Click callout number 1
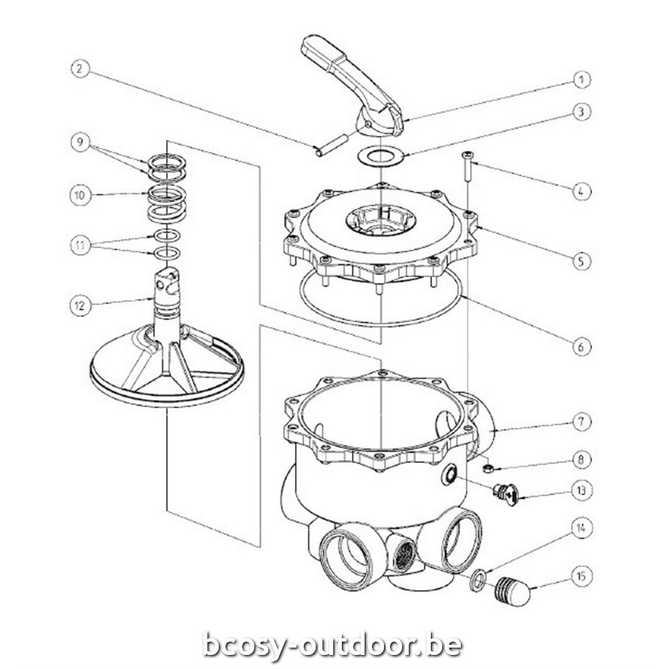(x=581, y=80)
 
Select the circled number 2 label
(x=80, y=69)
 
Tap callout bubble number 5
(x=581, y=261)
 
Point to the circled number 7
(x=581, y=422)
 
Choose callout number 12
(x=80, y=306)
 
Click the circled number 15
(x=581, y=577)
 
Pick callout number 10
(x=80, y=195)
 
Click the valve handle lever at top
(x=353, y=86)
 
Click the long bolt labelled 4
(x=468, y=166)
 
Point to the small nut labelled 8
(x=488, y=469)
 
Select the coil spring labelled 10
(x=167, y=204)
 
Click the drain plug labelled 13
(x=506, y=494)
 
